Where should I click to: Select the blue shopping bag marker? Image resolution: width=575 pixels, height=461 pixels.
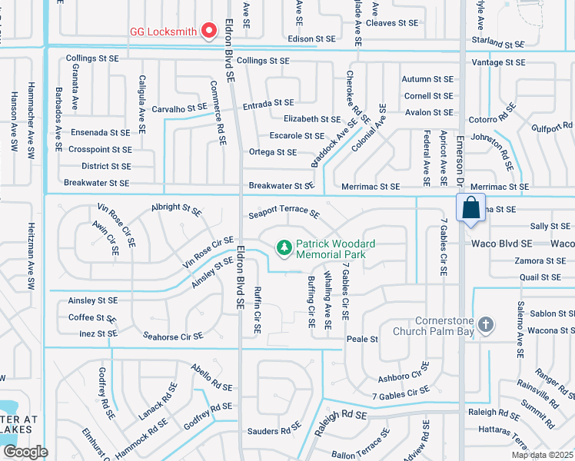(470, 209)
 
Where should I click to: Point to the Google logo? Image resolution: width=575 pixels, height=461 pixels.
(25, 452)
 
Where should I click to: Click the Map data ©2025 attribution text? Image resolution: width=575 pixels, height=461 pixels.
(541, 455)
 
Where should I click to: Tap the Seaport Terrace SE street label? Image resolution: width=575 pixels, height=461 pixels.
(284, 211)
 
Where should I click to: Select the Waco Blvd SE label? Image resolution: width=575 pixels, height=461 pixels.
(498, 244)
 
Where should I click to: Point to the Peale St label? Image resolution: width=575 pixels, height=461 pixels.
(363, 339)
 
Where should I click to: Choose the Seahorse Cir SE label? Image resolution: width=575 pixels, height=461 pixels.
(173, 336)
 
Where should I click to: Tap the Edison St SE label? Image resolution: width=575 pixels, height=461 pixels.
(311, 38)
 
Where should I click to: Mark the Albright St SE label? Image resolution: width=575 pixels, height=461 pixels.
(176, 207)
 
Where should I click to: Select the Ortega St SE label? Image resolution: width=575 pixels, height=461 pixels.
(272, 152)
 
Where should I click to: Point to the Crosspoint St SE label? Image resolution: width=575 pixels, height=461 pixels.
(99, 150)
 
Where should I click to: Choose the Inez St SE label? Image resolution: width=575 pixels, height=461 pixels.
(98, 333)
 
